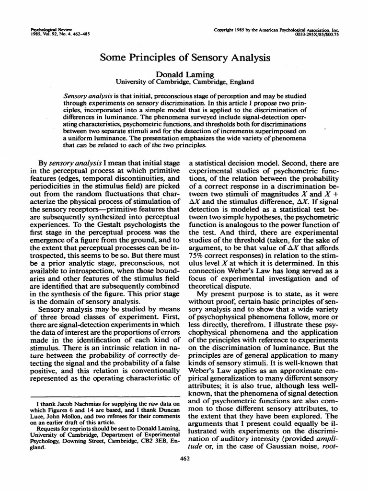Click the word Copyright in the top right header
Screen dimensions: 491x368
point(229,30)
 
